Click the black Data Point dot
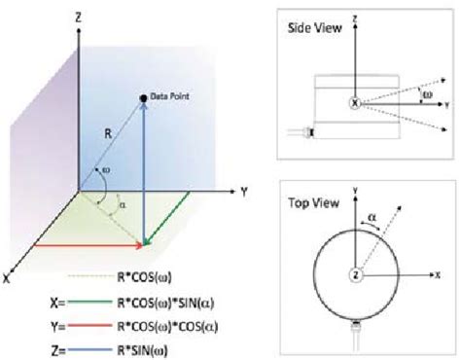coord(143,96)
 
